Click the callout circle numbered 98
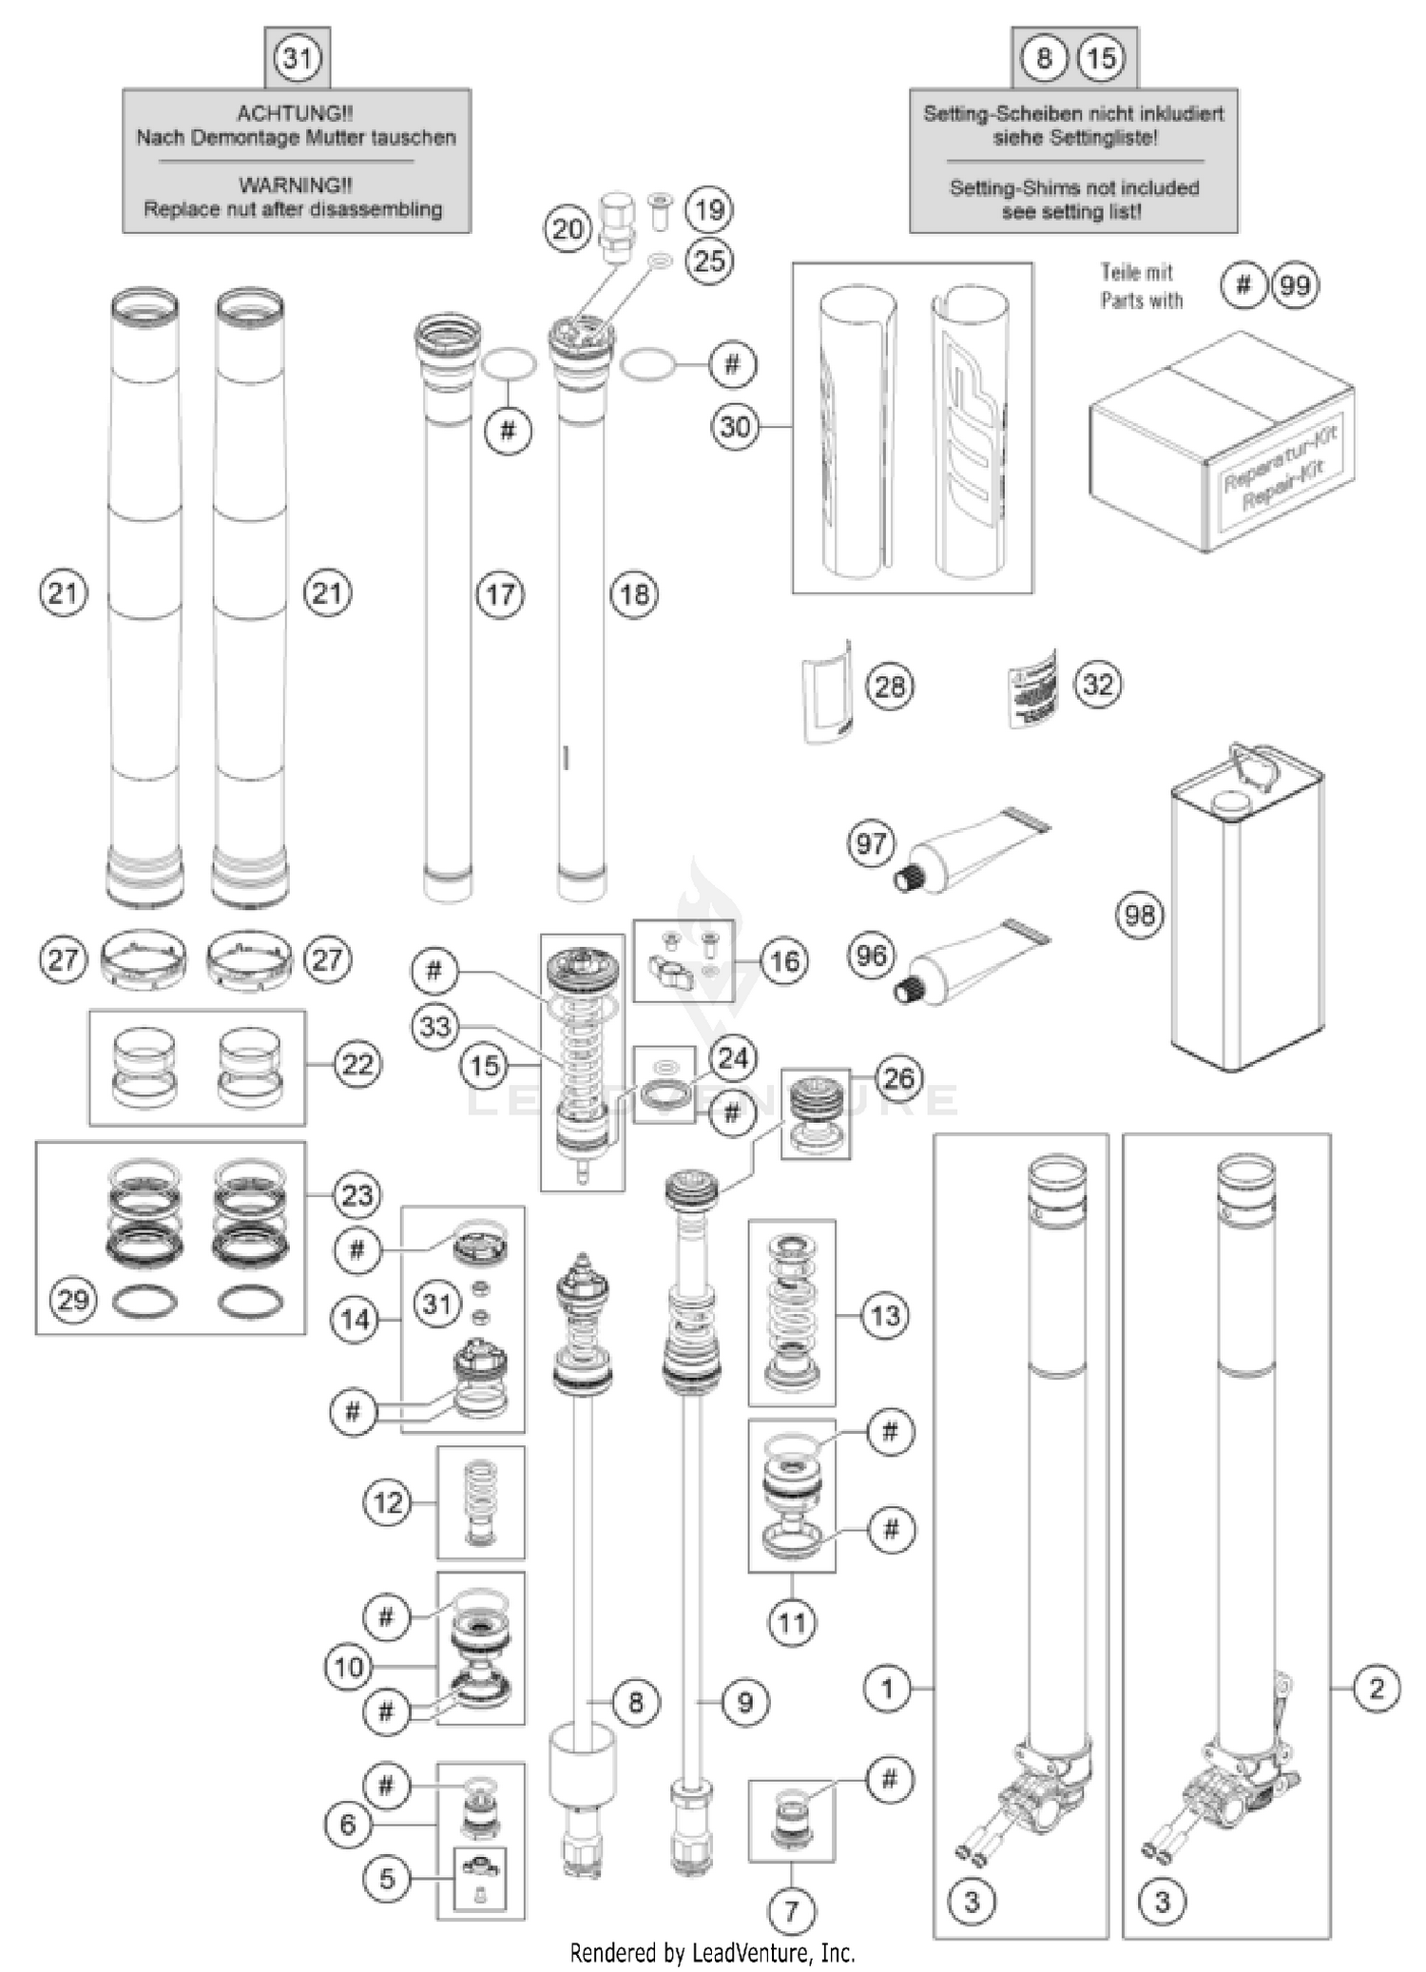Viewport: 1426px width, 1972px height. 1139,915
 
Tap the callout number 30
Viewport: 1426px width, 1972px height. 736,427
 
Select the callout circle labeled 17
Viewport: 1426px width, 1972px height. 500,595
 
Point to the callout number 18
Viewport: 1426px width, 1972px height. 634,595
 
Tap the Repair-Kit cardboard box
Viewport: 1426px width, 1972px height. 1222,442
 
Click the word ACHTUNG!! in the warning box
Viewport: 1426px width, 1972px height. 295,113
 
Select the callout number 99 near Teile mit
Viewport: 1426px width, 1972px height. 1295,285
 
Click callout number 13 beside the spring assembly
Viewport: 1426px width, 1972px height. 885,1316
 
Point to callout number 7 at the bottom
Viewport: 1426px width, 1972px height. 792,1910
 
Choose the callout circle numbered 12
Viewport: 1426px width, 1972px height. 388,1503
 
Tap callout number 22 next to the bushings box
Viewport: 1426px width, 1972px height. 356,1064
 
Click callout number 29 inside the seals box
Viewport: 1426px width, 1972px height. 73,1300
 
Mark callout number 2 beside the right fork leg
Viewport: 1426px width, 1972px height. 1377,1689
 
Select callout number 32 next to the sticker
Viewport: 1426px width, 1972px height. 1098,685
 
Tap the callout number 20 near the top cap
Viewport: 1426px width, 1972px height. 568,229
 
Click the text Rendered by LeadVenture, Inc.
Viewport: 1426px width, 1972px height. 712,1953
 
